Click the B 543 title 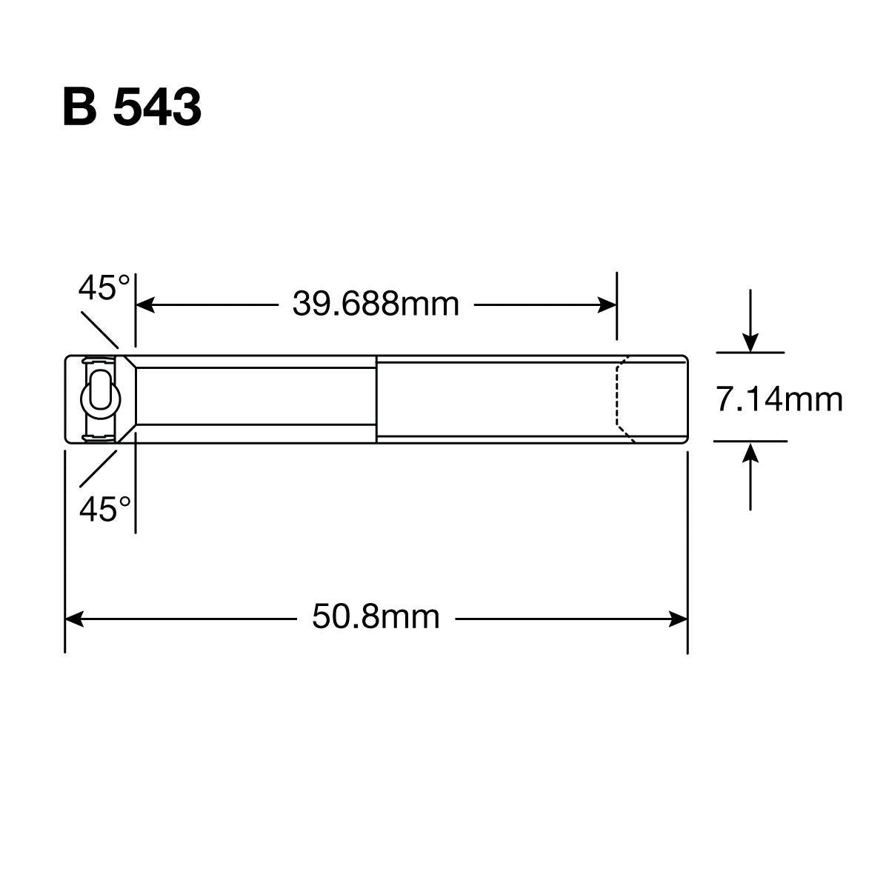click(x=132, y=108)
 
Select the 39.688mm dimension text click(x=376, y=304)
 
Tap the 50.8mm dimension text click(x=376, y=617)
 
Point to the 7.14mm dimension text click(x=779, y=400)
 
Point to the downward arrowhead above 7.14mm click(x=750, y=342)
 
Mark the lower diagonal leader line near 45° click(x=99, y=467)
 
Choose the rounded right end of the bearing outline click(x=687, y=400)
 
